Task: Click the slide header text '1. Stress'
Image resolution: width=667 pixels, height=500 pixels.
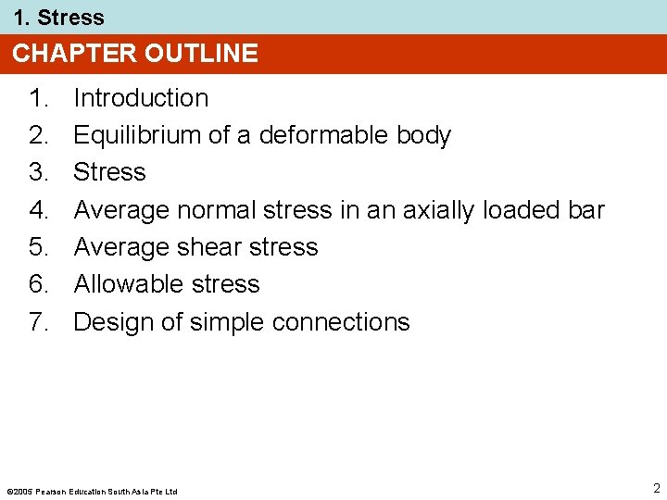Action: coord(58,18)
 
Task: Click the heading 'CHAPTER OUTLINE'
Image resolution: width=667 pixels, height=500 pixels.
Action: coord(135,54)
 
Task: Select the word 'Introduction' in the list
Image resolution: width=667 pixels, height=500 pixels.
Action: coord(141,98)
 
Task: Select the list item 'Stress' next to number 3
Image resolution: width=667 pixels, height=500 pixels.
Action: coord(109,172)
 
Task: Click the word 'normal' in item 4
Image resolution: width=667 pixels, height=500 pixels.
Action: coord(216,210)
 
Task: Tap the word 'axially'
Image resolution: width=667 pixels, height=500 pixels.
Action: coord(437,210)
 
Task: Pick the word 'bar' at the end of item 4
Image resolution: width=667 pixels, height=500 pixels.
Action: coord(585,210)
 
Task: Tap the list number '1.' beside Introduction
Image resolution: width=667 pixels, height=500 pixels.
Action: coord(41,98)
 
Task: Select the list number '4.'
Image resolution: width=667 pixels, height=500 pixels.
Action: coord(41,210)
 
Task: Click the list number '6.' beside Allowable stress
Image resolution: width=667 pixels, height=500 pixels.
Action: coord(41,284)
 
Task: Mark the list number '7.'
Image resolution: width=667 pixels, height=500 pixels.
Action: coord(41,322)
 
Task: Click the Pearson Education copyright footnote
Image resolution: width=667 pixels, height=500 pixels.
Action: coord(92,491)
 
